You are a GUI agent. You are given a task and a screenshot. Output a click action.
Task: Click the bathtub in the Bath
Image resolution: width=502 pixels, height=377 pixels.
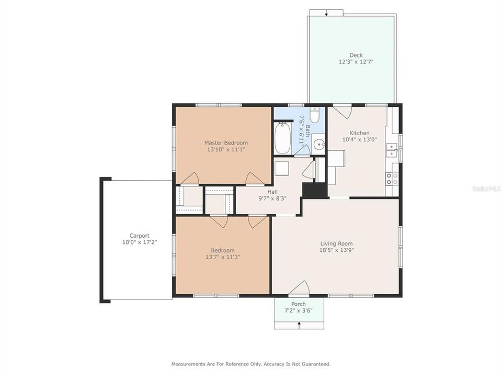tap(283, 138)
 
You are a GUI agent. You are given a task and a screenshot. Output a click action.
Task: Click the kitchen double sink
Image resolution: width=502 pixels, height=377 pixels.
tap(392, 151)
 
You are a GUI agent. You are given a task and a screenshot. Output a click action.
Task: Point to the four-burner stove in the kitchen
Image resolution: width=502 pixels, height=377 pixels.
tap(392, 179)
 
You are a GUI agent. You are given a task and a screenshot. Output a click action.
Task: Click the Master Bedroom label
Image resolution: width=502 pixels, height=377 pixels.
tap(226, 143)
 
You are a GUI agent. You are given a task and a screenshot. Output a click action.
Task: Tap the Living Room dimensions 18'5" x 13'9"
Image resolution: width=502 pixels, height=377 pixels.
tap(336, 251)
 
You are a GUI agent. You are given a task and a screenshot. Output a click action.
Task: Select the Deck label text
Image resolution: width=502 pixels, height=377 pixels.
tap(356, 56)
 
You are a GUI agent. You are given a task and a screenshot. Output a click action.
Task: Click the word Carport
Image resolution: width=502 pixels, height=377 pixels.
tap(140, 236)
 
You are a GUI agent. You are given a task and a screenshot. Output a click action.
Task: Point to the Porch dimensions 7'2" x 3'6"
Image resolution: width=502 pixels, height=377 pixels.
tap(299, 311)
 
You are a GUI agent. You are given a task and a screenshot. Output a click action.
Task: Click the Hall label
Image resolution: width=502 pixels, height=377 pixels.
tap(272, 192)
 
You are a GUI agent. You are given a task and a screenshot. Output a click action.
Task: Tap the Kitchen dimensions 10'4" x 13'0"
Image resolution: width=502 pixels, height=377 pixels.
tap(359, 140)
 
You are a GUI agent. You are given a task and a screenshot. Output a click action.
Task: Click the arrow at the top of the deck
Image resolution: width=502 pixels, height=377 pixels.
tap(326, 13)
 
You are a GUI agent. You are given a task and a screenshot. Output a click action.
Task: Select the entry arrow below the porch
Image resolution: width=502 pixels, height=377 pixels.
tap(299, 325)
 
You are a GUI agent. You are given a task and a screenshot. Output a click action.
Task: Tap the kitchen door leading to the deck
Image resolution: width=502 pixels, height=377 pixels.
tap(343, 111)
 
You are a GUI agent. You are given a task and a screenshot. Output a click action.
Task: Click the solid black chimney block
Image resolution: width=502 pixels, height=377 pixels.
tap(315, 190)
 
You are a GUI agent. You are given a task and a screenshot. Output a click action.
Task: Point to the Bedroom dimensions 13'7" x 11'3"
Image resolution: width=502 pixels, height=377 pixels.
tap(223, 257)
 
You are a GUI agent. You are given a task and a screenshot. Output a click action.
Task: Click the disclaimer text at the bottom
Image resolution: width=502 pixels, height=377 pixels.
tap(251, 363)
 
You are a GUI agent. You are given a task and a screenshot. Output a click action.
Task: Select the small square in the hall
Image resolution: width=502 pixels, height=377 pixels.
tap(282, 169)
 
